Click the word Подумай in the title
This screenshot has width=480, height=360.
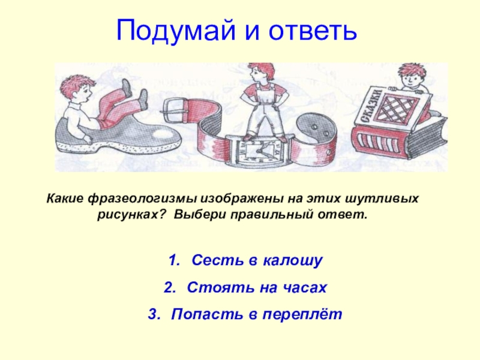point(176,31)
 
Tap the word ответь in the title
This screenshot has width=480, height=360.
point(313,31)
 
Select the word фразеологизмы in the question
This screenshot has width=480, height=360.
point(143,199)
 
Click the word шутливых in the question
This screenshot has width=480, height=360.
point(382,199)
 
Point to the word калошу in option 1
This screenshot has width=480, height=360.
point(292,261)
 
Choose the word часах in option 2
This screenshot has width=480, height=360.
point(304,287)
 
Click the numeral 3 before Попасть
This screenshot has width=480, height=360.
point(154,314)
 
